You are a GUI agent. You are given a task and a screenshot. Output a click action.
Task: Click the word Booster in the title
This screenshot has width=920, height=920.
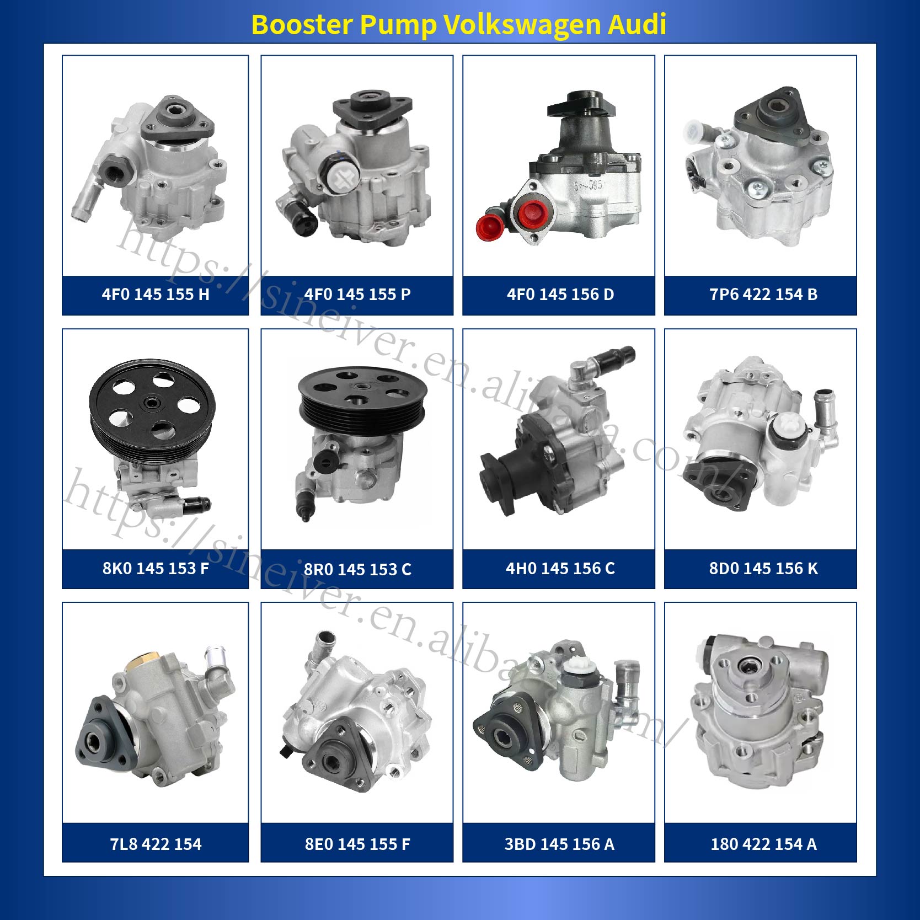302,24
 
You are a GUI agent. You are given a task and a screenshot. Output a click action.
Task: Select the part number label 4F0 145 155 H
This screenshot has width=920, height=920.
156,295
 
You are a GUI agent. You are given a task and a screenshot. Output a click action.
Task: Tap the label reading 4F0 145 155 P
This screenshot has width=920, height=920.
357,295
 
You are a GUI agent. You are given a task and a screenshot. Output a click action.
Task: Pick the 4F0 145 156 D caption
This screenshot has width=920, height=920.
560,295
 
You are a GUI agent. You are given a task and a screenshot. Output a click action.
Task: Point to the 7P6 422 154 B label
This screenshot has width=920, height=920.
763,295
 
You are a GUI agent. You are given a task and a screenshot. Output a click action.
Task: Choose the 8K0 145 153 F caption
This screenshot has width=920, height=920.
156,568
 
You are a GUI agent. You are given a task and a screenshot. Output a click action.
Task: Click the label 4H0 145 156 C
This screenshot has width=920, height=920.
560,568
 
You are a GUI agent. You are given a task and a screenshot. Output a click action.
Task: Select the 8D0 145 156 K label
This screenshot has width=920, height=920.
763,568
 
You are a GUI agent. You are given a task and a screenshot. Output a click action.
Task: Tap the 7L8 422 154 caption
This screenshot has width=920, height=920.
156,844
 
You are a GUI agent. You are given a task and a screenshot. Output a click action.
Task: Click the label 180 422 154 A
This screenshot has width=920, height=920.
763,844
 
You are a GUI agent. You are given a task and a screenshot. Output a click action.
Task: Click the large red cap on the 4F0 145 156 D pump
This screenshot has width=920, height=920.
533,215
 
